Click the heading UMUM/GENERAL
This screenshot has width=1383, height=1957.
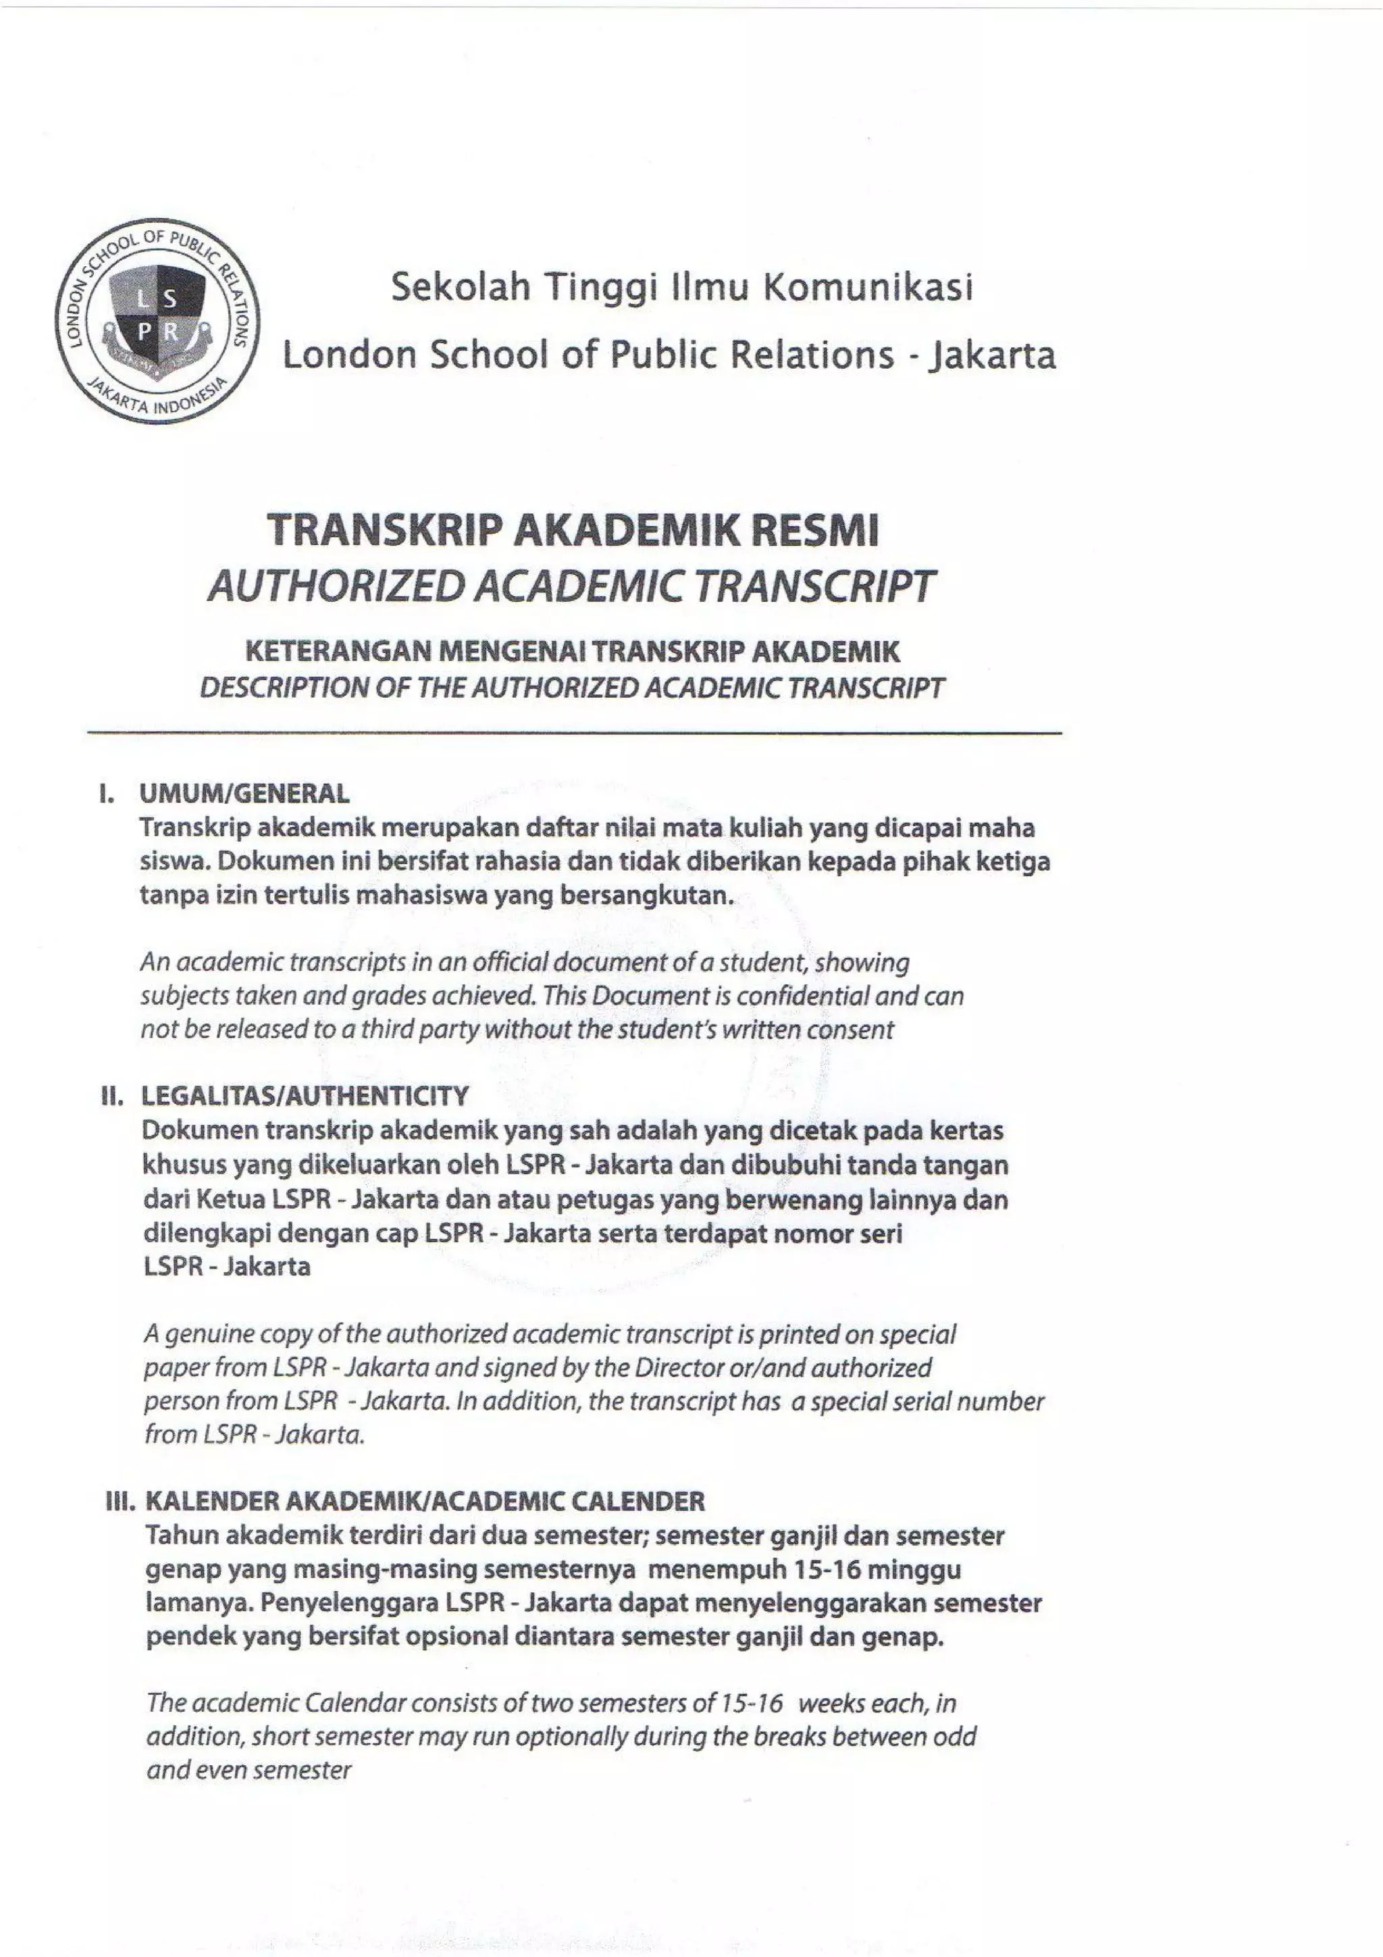coord(244,794)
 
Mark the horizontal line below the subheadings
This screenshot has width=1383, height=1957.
coord(575,733)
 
